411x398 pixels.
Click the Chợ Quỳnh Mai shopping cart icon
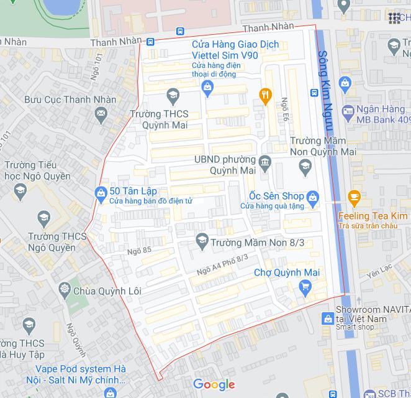(305, 287)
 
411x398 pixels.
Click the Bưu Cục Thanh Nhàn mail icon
(101, 114)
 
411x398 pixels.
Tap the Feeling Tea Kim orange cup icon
(355, 198)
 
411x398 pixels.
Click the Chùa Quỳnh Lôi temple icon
(64, 290)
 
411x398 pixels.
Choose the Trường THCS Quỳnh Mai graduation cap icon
(173, 95)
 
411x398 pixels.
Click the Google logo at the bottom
(214, 384)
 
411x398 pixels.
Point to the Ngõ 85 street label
(139, 251)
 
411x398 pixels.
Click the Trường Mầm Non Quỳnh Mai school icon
(305, 165)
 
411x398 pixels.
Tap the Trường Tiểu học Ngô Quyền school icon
(20, 190)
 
